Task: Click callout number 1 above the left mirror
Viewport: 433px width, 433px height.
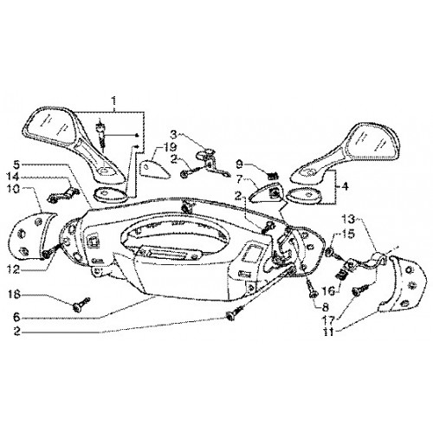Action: tap(114, 101)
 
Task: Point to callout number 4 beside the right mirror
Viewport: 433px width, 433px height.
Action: tap(344, 186)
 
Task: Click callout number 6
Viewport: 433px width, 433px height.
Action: tap(16, 318)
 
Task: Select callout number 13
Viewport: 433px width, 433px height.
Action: tap(349, 219)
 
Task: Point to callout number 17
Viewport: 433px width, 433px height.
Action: tap(329, 320)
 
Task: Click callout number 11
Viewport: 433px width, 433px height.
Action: tap(329, 332)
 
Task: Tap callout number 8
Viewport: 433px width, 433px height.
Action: tap(326, 307)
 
